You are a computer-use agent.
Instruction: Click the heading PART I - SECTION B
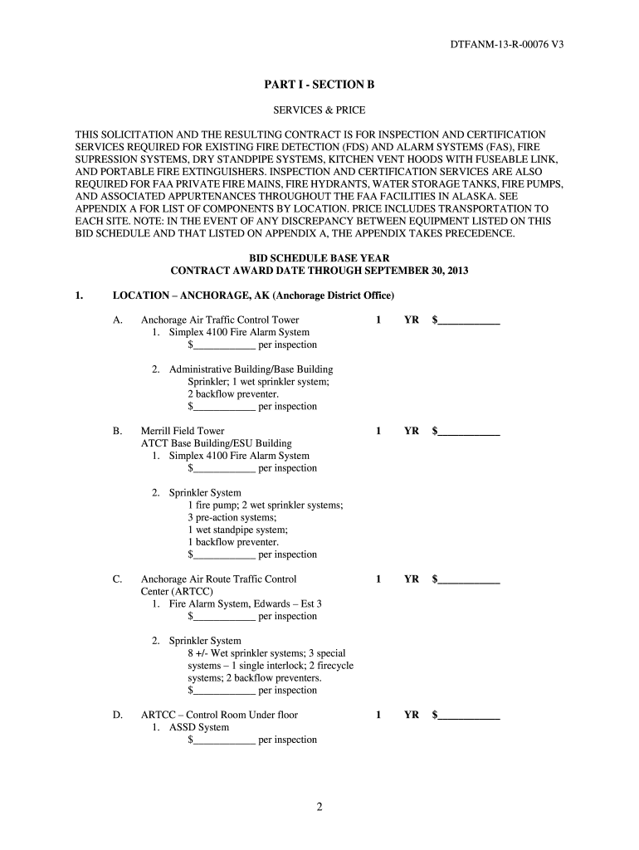point(319,85)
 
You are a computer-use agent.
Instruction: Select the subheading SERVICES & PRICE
point(319,110)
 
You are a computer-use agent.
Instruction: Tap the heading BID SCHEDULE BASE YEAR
point(319,258)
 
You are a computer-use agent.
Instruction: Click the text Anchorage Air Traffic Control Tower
point(220,320)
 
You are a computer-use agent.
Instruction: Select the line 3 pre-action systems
point(232,517)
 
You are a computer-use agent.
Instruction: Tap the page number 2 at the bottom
point(319,810)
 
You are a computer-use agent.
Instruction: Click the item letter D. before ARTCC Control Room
point(118,715)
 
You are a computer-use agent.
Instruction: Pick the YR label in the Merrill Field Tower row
point(412,431)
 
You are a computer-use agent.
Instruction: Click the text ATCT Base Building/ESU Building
point(217,443)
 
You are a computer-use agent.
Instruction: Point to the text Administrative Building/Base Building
point(251,369)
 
